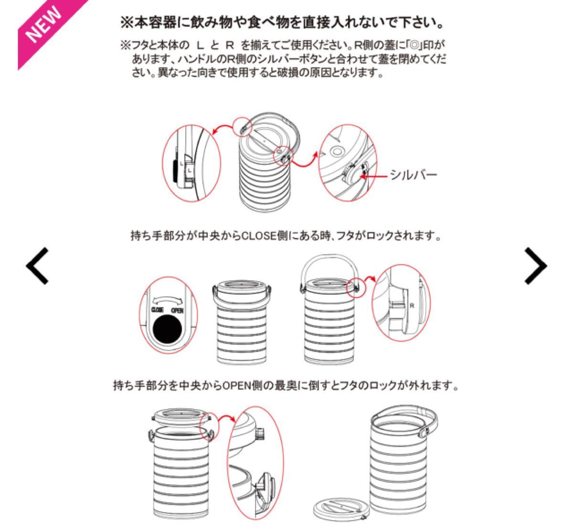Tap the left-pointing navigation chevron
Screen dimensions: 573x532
click(37, 266)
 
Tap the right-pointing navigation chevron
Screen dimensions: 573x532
click(535, 266)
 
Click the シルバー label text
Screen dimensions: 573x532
click(413, 175)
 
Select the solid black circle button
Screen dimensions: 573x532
click(167, 330)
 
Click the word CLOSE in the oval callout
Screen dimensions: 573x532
click(158, 310)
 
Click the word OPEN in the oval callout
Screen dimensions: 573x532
click(177, 310)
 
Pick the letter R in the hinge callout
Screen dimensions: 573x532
click(412, 306)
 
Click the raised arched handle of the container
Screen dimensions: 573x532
click(329, 260)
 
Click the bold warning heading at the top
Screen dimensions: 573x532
click(282, 22)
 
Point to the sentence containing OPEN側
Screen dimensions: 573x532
click(286, 385)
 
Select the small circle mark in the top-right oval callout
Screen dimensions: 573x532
click(336, 151)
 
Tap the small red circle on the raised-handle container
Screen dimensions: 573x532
click(356, 288)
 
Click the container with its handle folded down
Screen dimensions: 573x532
click(242, 321)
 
